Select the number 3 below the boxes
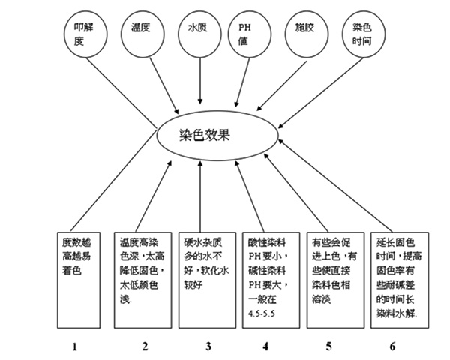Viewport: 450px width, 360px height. (x=208, y=346)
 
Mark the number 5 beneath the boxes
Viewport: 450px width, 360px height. (x=328, y=346)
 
